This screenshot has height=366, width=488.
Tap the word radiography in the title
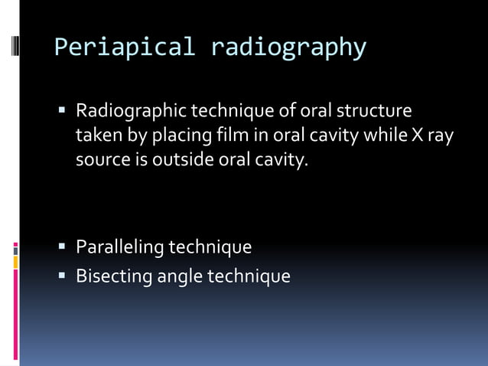pyautogui.click(x=288, y=47)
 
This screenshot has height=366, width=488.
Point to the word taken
pyautogui.click(x=96, y=137)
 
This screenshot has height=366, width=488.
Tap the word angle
pyautogui.click(x=178, y=276)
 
